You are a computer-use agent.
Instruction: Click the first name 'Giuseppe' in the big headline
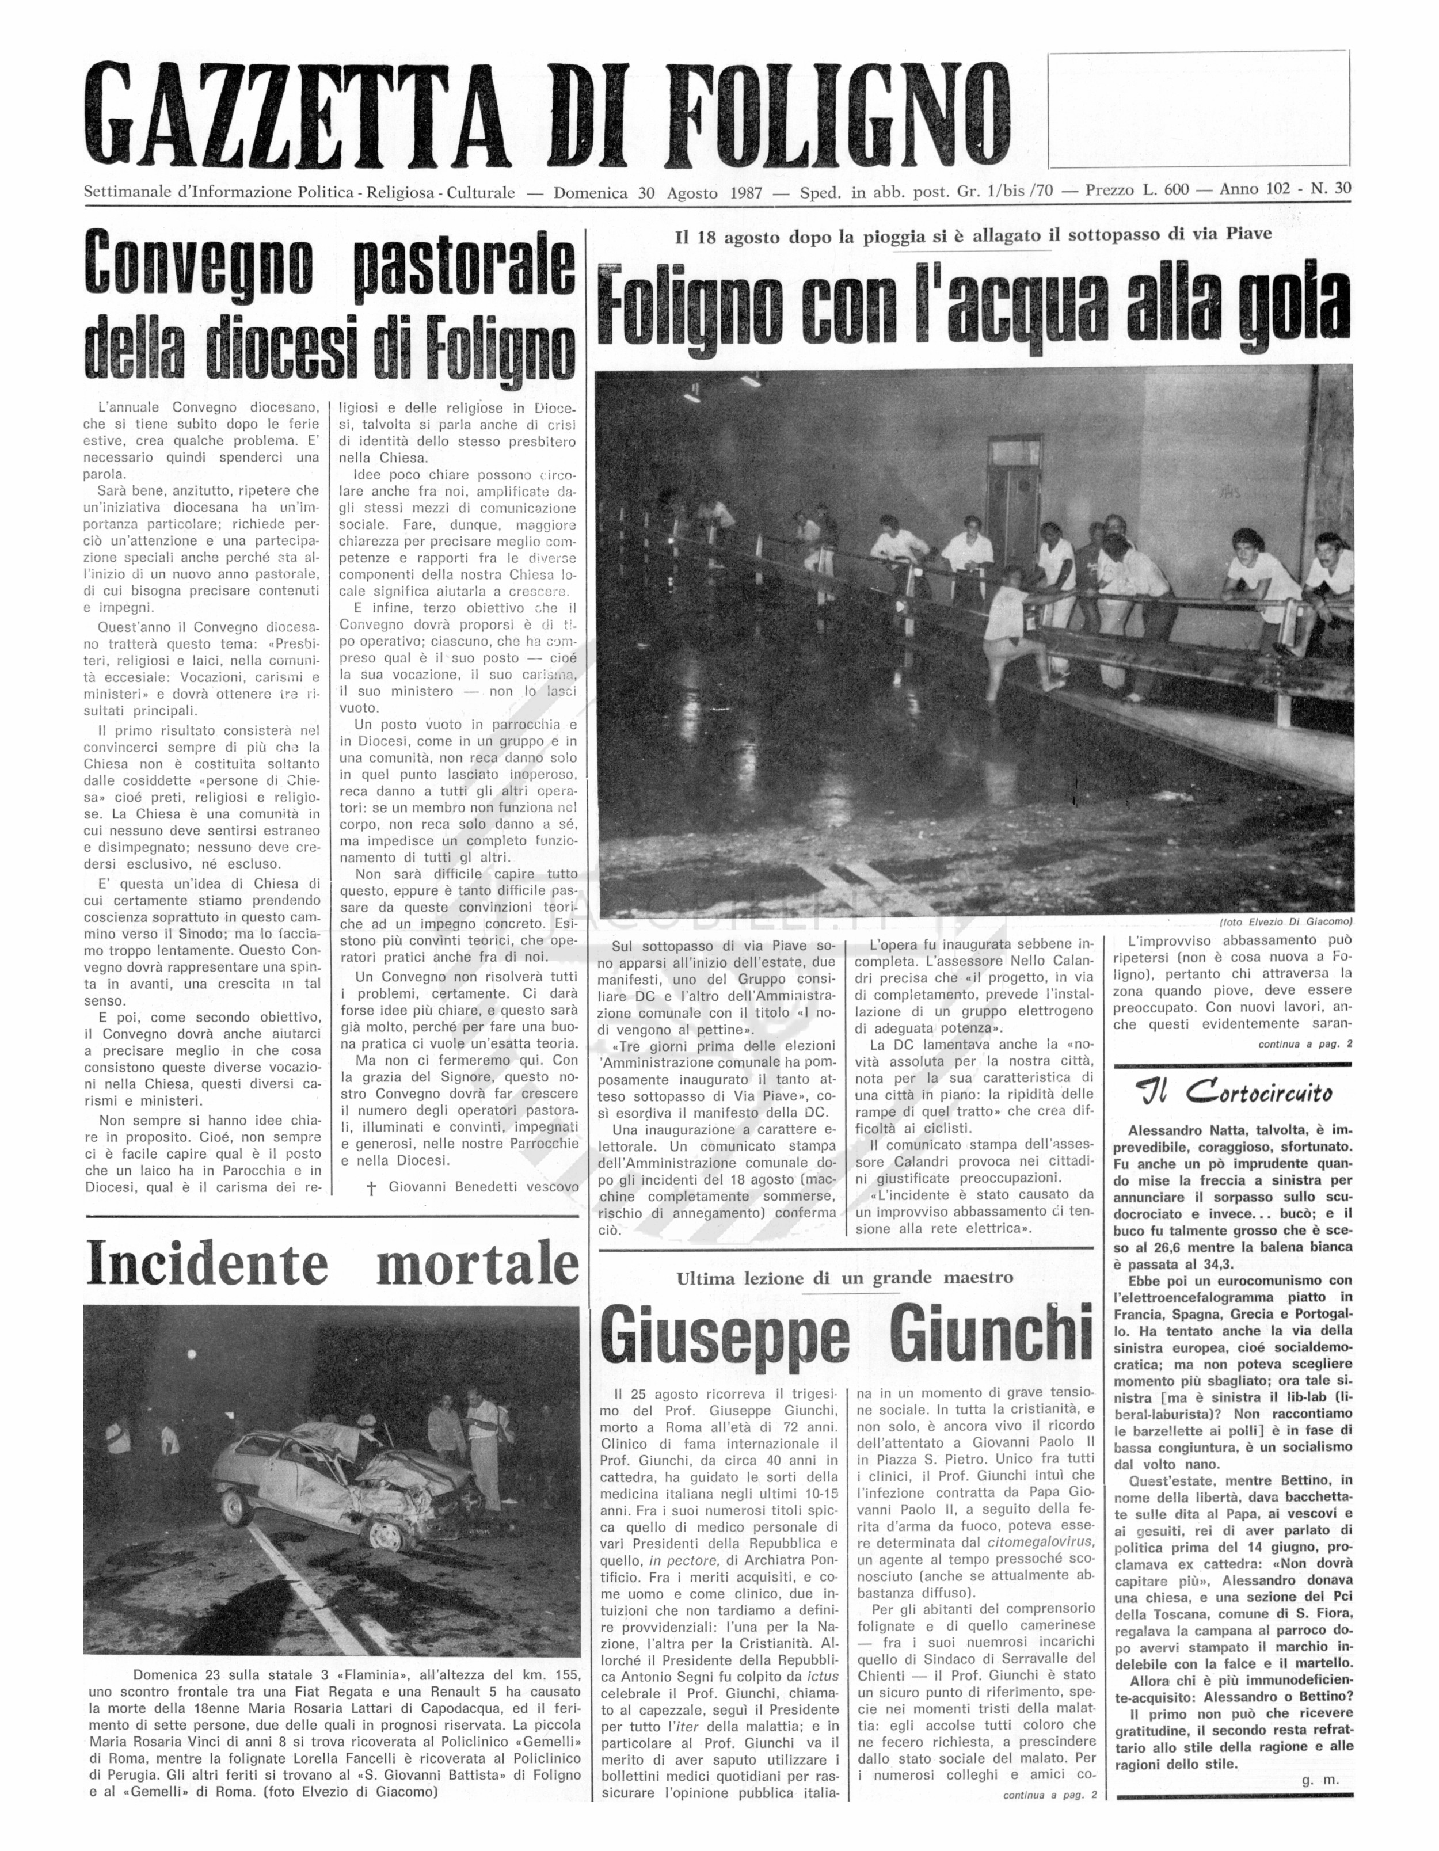725,1336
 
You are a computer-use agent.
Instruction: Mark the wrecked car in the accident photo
339,1472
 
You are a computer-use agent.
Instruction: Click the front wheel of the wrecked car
388,1534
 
